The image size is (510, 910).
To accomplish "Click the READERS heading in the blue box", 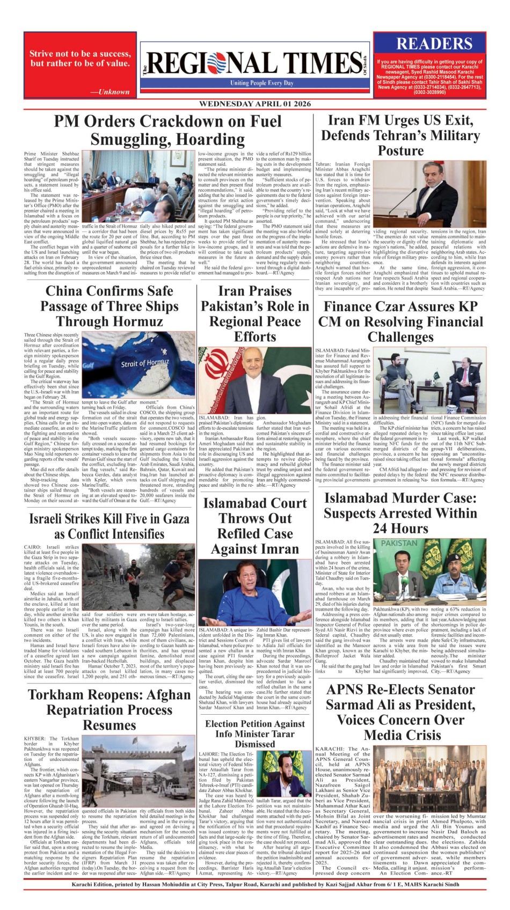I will (434, 43).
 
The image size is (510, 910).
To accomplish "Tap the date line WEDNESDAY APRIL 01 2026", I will (255, 104).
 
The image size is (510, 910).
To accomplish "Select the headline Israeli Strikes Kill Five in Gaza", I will (109, 526).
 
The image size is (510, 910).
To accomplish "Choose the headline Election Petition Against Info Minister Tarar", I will (255, 733).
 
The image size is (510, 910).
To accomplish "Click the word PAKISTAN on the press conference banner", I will (399, 543).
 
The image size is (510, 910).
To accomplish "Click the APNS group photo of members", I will (429, 779).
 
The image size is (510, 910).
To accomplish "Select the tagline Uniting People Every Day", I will (262, 83).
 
